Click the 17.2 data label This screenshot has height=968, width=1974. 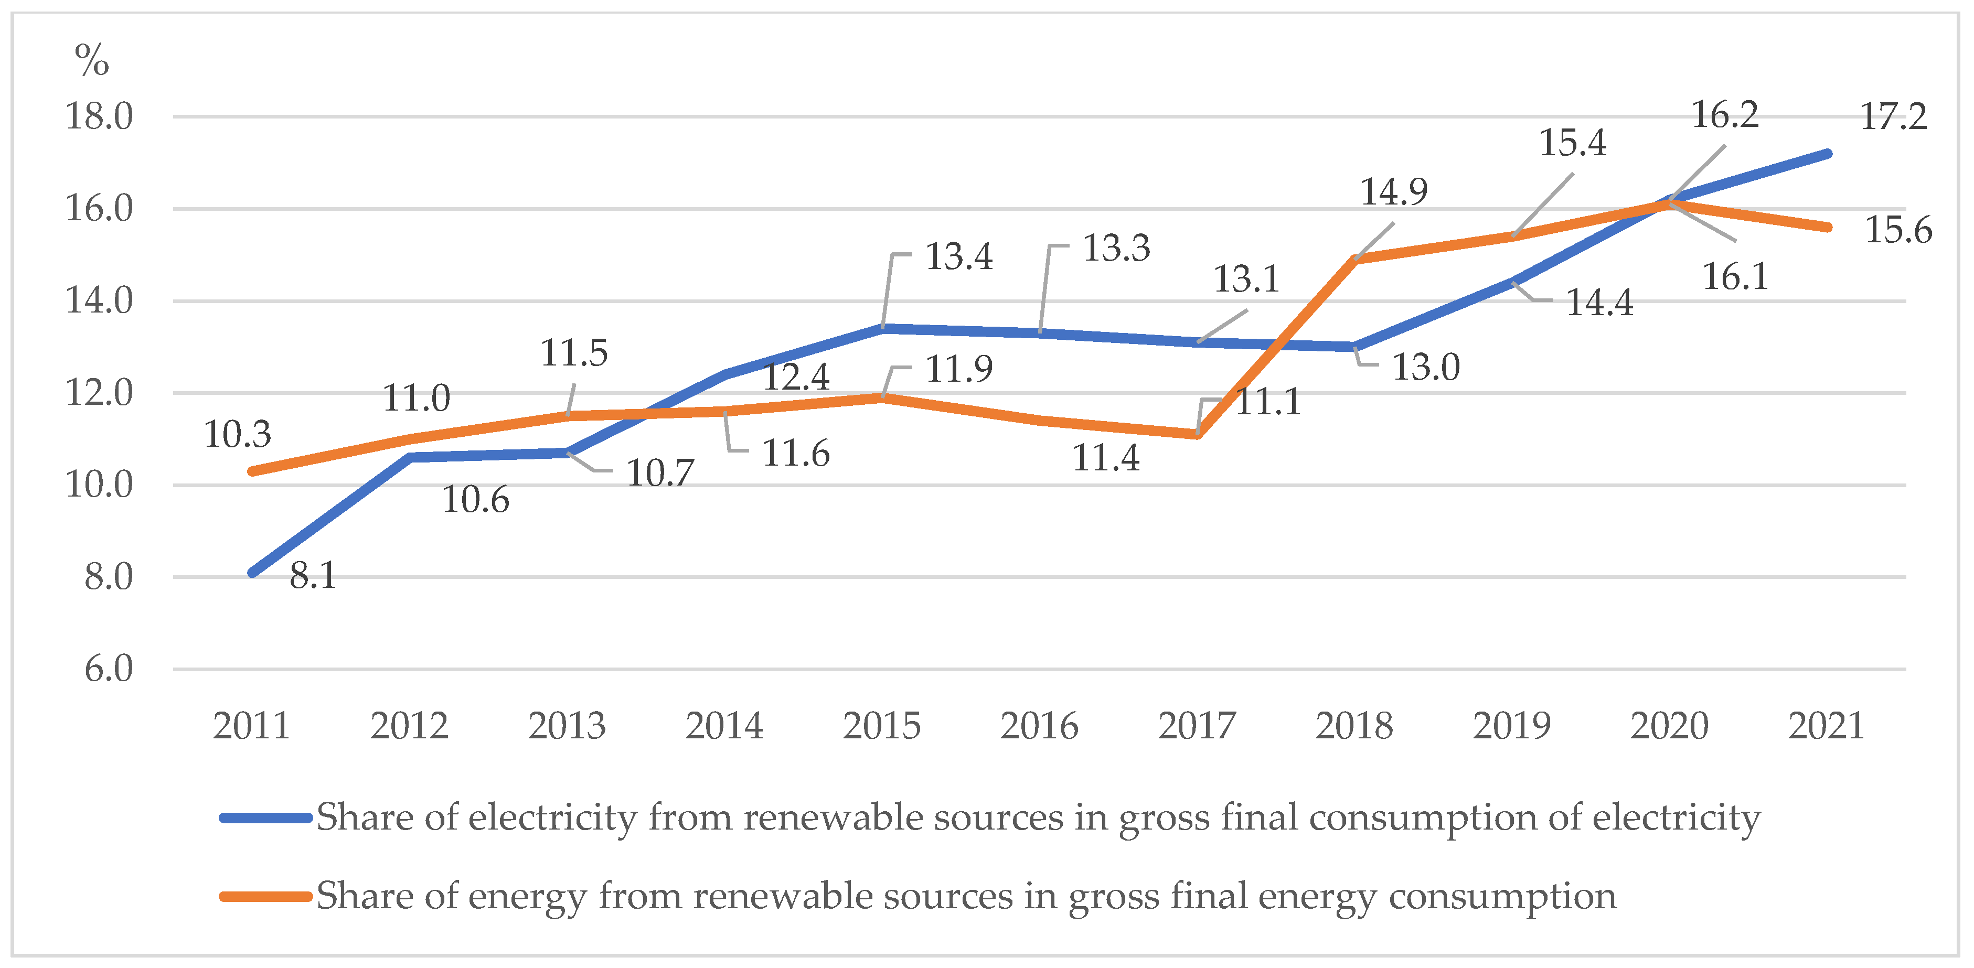tap(1893, 117)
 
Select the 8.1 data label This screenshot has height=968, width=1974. tap(313, 575)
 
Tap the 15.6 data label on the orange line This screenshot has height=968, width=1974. tap(1897, 230)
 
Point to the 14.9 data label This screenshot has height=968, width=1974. tap(1393, 191)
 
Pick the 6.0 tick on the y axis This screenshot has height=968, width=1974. tap(108, 669)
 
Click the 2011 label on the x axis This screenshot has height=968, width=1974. tap(251, 725)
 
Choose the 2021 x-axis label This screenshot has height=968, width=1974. tap(1826, 725)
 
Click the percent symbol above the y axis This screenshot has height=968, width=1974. tap(91, 60)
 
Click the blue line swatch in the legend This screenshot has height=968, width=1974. tap(265, 818)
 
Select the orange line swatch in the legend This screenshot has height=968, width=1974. tap(265, 896)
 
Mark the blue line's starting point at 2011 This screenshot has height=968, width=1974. tap(253, 572)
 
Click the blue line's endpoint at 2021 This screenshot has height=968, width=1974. tap(1828, 154)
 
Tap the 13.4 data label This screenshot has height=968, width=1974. tap(958, 256)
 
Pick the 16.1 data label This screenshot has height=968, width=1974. tap(1735, 276)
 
